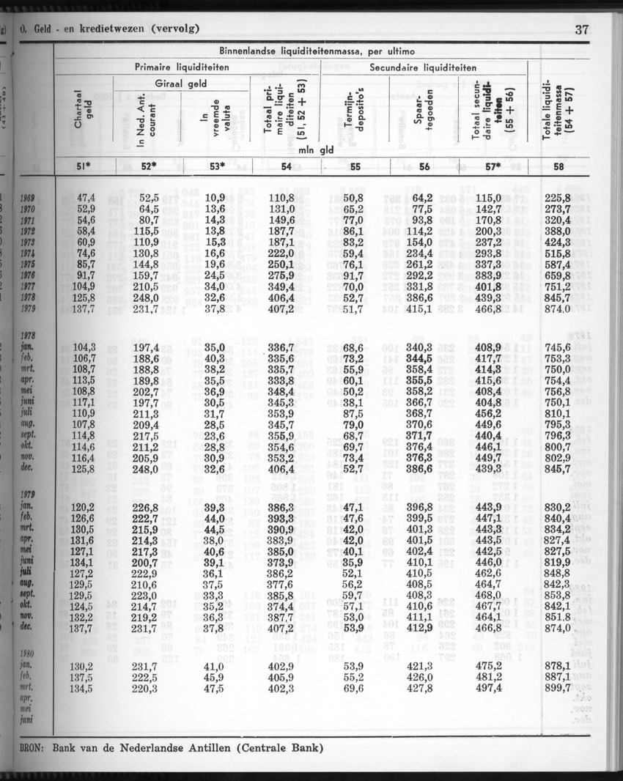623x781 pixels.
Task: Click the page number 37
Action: [584, 30]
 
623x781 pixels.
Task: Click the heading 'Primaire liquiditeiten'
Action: [182, 67]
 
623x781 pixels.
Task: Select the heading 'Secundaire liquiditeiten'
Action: [423, 67]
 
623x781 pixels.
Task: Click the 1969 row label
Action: [29, 198]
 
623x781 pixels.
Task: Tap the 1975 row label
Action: [29, 264]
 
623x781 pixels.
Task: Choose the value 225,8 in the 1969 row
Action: [557, 198]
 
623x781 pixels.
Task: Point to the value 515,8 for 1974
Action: [557, 253]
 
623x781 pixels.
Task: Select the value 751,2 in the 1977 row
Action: [557, 286]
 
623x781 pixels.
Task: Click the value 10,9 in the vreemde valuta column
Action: [215, 198]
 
